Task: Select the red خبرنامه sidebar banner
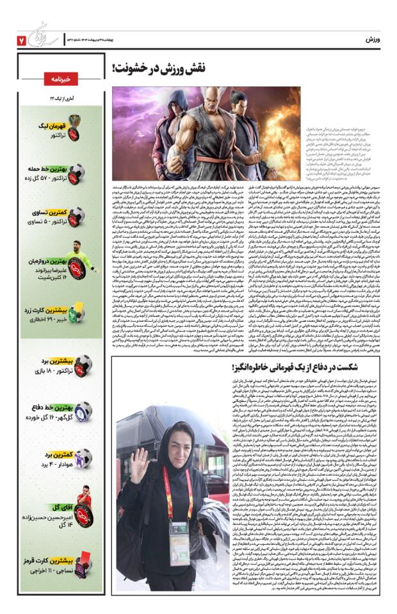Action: pos(61,79)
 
